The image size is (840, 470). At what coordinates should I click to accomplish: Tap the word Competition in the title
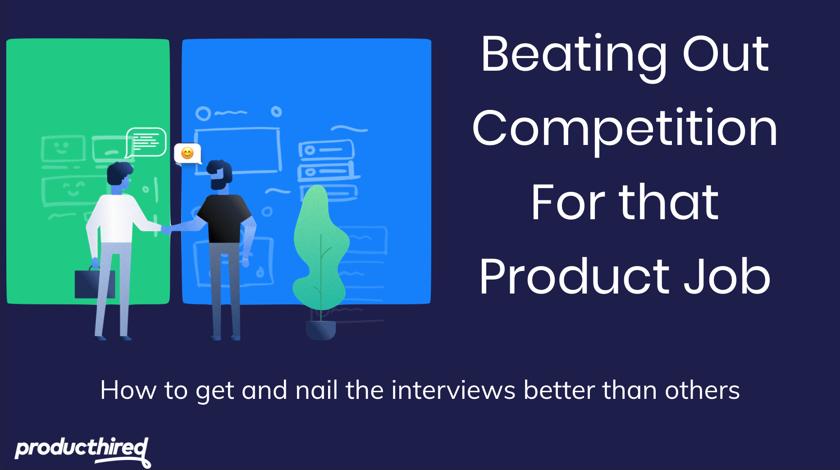coord(625,130)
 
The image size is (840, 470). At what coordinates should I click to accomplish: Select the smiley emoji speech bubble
coord(187,154)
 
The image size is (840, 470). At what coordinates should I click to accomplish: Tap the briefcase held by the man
coord(95,283)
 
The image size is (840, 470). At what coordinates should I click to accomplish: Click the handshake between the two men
coord(166,230)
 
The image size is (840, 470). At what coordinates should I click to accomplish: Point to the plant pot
coord(321,330)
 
